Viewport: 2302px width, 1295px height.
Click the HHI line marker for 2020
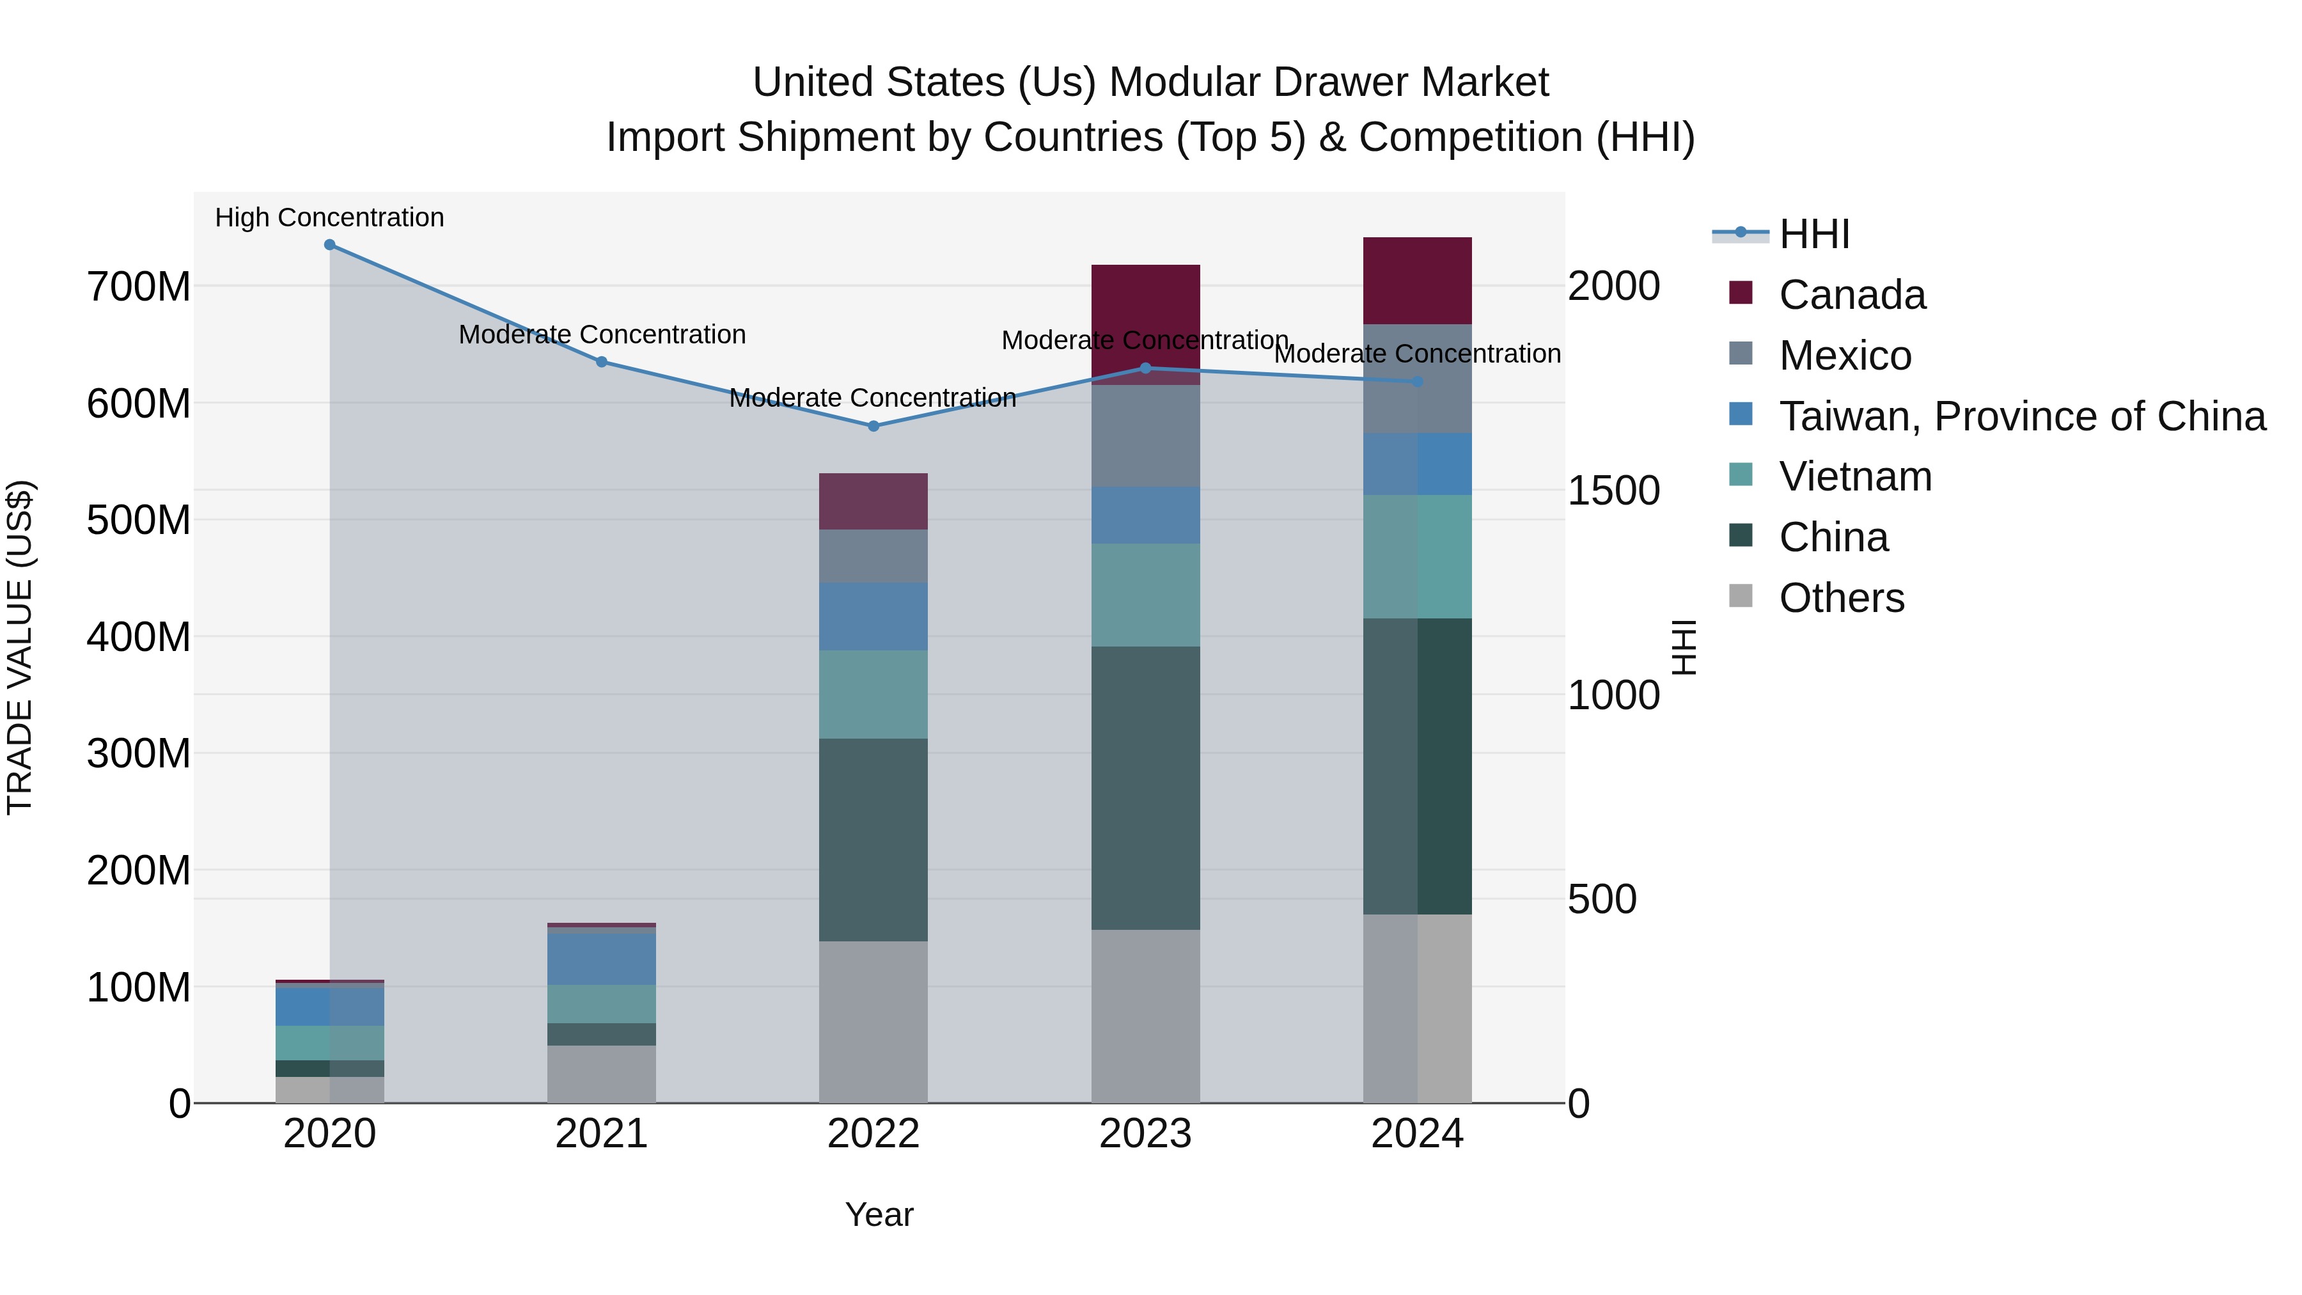click(x=330, y=245)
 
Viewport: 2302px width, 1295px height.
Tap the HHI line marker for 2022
click(x=873, y=427)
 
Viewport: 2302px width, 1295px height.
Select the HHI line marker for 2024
click(x=1417, y=382)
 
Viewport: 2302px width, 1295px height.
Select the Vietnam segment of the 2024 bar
click(x=1417, y=556)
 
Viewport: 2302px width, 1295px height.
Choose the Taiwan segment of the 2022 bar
click(x=873, y=616)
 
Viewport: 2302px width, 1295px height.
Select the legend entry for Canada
click(x=1852, y=295)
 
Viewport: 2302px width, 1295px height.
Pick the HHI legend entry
click(x=1814, y=234)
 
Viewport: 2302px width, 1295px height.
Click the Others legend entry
click(x=1841, y=598)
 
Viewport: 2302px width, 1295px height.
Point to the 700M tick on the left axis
click(x=139, y=288)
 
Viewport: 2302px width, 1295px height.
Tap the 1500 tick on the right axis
click(x=1614, y=491)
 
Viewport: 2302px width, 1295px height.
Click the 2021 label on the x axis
click(x=602, y=1134)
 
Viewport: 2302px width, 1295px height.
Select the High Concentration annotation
click(x=330, y=217)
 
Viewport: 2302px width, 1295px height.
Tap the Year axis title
click(x=879, y=1214)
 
